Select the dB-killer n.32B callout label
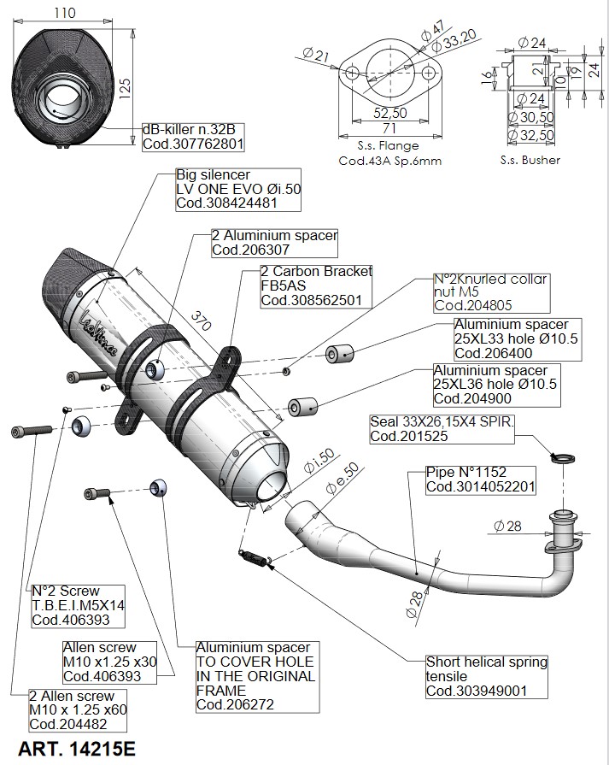click(193, 137)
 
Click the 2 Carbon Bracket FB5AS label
click(316, 285)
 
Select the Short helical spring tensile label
click(487, 676)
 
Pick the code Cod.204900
click(471, 397)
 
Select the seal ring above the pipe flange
click(562, 460)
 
